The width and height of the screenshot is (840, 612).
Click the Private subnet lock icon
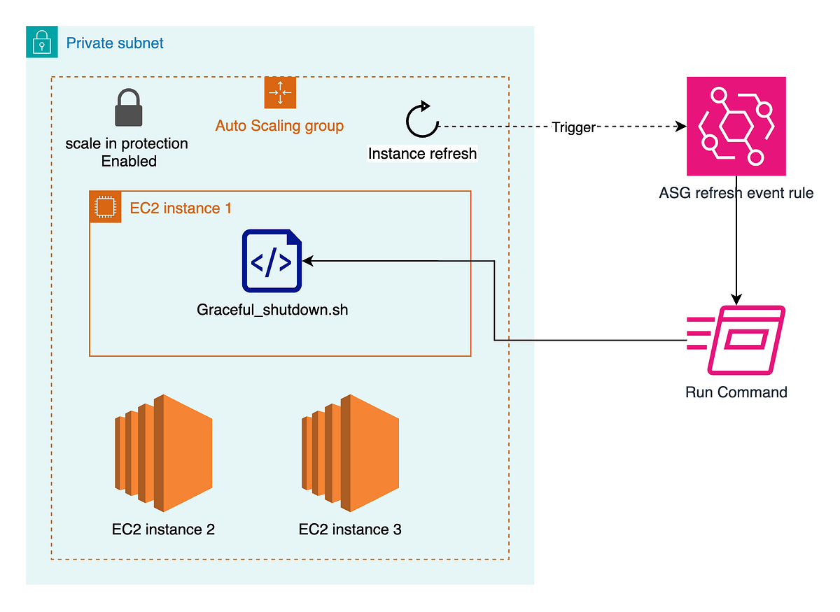42,42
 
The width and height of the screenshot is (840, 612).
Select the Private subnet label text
115,43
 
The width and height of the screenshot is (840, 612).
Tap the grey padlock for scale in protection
128,108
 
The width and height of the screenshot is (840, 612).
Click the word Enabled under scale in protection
129,162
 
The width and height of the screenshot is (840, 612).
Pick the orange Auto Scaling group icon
280,92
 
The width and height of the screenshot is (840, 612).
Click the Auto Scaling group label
279,126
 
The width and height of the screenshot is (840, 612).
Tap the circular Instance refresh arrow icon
421,120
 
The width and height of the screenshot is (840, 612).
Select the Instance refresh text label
422,154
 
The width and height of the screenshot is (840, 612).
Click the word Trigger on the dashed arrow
573,127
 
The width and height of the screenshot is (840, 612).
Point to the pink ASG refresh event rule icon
736,127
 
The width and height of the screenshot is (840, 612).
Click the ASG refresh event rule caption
736,192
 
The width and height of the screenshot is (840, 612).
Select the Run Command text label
736,392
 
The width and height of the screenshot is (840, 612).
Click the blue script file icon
272,261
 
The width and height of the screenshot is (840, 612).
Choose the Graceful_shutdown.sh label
272,310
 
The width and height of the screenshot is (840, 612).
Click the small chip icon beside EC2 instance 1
105,207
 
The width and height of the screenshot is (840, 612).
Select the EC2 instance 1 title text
181,208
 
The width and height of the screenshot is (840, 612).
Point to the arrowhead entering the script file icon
308,261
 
